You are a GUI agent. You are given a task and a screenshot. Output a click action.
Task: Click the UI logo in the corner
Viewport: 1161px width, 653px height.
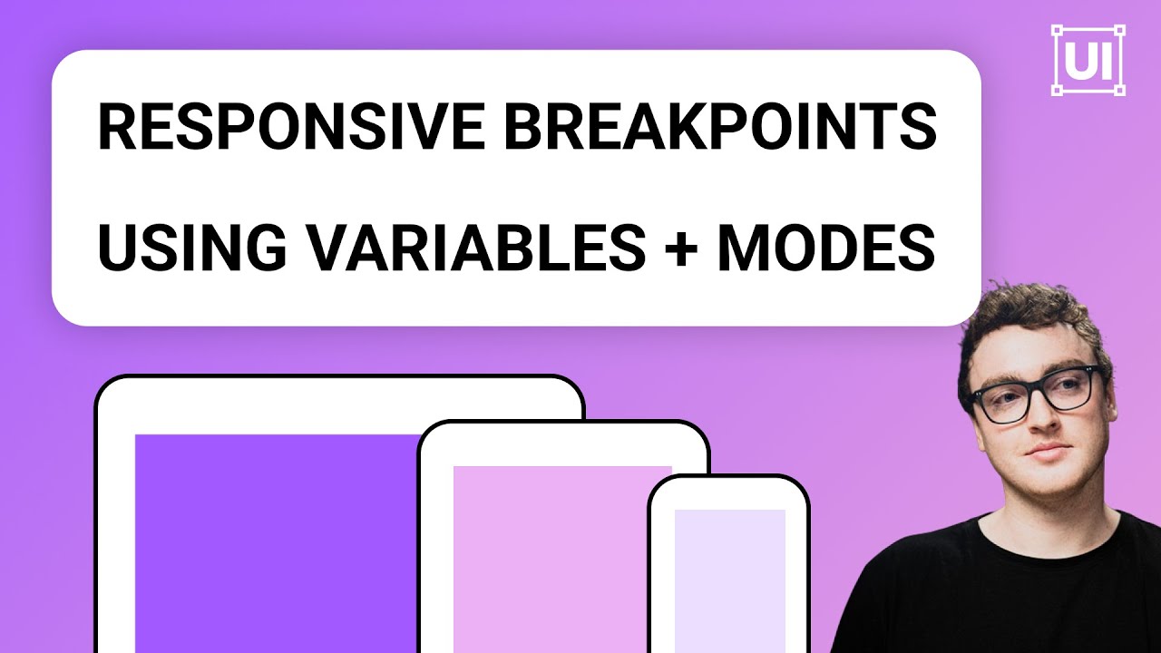(1088, 60)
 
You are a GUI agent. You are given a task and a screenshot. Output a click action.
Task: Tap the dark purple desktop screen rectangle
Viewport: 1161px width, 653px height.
(272, 544)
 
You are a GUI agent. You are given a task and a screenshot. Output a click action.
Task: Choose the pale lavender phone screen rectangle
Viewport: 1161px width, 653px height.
(729, 580)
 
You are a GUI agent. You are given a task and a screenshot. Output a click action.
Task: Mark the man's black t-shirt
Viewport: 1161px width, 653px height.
(998, 599)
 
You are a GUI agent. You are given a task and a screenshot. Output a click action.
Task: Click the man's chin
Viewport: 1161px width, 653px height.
(1048, 481)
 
